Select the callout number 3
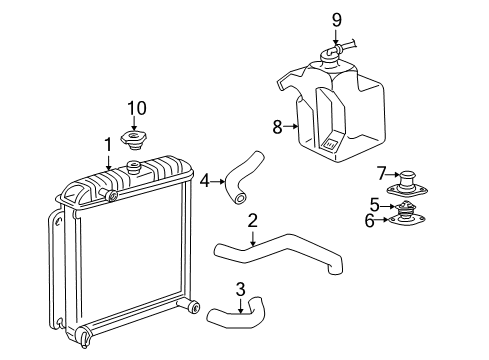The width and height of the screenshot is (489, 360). (240, 289)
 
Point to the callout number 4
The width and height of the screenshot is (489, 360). (204, 181)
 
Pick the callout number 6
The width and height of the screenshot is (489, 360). (369, 220)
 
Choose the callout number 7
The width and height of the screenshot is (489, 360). (381, 174)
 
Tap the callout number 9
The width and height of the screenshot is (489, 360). (337, 18)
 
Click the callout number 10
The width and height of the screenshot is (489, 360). (135, 106)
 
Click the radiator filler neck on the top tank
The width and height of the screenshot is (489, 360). (135, 165)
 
